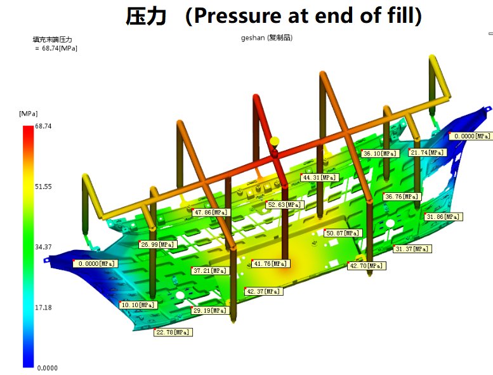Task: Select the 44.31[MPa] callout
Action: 319,178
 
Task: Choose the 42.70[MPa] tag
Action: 366,266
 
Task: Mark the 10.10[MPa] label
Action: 138,305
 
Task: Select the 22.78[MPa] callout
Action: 173,332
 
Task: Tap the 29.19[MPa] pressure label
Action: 210,311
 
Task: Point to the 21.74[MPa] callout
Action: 428,152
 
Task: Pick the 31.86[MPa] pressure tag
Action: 444,217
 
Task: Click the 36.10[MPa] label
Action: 380,154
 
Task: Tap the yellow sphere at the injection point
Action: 275,141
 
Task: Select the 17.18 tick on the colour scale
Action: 43,307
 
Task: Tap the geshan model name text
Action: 252,38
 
